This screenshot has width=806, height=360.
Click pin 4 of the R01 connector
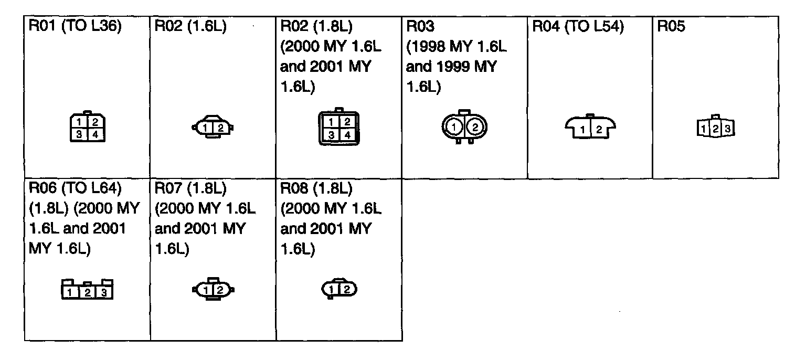[96, 135]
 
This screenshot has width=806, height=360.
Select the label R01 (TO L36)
[76, 27]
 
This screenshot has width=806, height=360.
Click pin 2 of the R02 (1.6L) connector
[221, 128]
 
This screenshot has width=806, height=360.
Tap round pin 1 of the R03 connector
[454, 127]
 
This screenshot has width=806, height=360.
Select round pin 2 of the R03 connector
[474, 127]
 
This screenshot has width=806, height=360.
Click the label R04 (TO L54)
[578, 27]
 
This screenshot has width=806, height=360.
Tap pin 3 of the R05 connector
[727, 128]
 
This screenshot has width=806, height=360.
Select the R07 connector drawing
[214, 289]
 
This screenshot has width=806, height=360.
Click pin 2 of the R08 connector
[347, 289]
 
